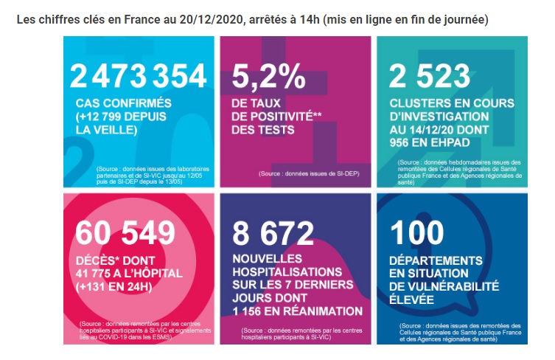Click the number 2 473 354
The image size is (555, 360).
point(138,76)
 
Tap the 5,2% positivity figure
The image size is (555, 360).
point(268,76)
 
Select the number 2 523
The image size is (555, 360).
point(430,76)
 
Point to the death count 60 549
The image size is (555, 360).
point(125,233)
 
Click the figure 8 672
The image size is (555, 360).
point(273,233)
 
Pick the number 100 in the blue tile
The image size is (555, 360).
point(417,233)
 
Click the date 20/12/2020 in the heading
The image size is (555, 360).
point(212,19)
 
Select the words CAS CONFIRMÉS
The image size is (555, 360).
point(124,103)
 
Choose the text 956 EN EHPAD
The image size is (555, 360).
point(430,142)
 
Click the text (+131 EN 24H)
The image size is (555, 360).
point(114,286)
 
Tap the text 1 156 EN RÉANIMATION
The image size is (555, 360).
point(298,311)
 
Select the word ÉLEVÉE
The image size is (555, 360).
point(411,300)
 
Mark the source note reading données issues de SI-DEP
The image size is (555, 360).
point(309,173)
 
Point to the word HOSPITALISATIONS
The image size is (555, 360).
point(287,271)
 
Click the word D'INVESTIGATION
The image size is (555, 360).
point(439,117)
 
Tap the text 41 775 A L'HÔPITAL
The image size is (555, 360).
point(129,273)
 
